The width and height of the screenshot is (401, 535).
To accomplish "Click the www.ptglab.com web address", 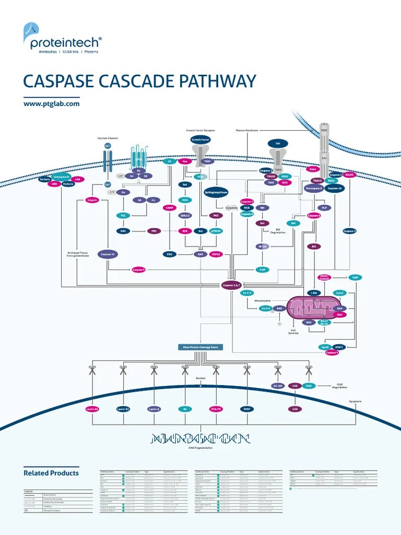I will click(x=52, y=104).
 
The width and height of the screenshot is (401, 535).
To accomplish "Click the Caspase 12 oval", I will click(x=108, y=254).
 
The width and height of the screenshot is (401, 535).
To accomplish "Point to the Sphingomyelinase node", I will click(x=215, y=192).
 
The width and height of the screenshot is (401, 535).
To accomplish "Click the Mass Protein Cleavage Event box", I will click(x=200, y=347).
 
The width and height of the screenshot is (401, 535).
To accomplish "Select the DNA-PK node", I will click(x=216, y=409).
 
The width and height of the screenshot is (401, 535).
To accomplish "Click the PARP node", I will click(x=246, y=409).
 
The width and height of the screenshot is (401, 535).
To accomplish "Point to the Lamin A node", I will click(x=154, y=409).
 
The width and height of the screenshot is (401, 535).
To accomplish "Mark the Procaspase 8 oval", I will click(x=314, y=188).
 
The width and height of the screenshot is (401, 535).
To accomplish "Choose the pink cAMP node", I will click(x=169, y=207).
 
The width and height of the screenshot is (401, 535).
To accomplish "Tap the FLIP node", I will click(x=324, y=207).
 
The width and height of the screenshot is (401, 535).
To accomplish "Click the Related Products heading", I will click(x=51, y=473).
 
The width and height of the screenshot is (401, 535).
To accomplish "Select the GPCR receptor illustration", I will click(x=138, y=157).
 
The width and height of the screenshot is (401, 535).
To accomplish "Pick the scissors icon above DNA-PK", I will click(x=215, y=370).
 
